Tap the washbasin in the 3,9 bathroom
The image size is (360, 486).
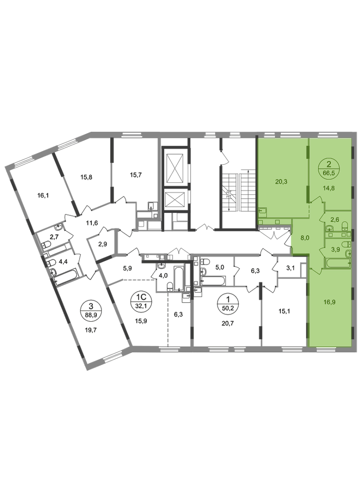(348, 253)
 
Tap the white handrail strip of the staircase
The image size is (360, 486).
(239, 192)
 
